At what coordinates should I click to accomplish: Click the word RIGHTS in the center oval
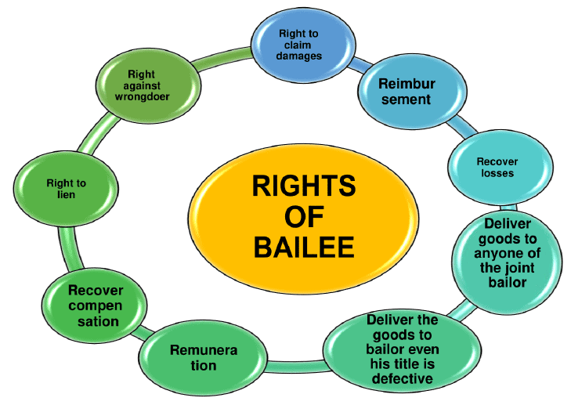pyautogui.click(x=304, y=186)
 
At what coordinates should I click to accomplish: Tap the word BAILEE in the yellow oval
pyautogui.click(x=304, y=248)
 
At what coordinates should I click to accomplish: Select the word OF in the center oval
pyautogui.click(x=304, y=217)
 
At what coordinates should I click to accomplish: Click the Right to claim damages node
pyautogui.click(x=298, y=45)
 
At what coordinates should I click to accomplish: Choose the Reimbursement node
pyautogui.click(x=406, y=91)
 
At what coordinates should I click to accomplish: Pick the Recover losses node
pyautogui.click(x=497, y=167)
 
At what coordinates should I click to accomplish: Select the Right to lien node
pyautogui.click(x=67, y=189)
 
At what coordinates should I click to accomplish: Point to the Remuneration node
pyautogui.click(x=204, y=357)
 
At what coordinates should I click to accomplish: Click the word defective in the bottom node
pyautogui.click(x=403, y=380)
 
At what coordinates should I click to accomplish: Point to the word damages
pyautogui.click(x=298, y=56)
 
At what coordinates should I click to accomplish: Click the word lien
pyautogui.click(x=67, y=194)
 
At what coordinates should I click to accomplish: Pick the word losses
pyautogui.click(x=497, y=173)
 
